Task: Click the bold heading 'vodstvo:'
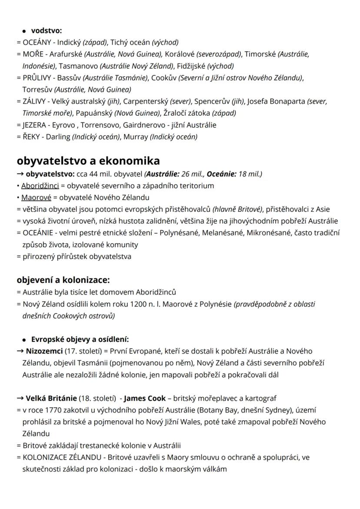pos(47,30)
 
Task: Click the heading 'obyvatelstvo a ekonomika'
pos(88,161)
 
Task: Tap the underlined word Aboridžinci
pos(40,186)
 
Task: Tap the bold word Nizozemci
pos(44,351)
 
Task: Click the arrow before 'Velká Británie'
pos(20,398)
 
